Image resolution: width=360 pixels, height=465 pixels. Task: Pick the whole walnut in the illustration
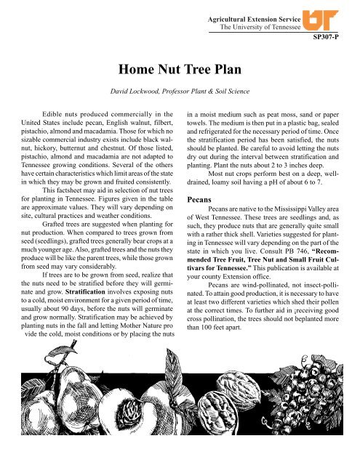(218, 436)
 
